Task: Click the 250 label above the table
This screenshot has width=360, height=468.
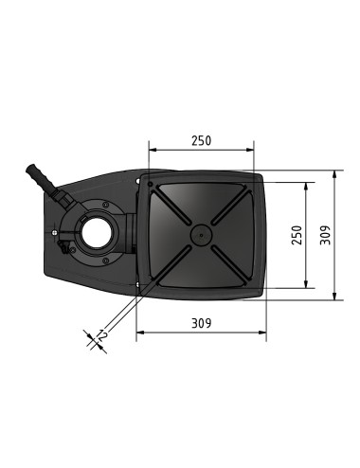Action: [x=201, y=140]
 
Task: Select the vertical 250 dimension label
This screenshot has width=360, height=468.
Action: [x=297, y=234]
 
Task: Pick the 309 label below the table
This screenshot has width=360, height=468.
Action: [x=201, y=323]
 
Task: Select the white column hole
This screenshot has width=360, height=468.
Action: [x=96, y=231]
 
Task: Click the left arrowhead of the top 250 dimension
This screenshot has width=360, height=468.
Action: [x=153, y=150]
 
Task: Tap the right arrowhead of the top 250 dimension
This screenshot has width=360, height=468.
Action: [x=254, y=150]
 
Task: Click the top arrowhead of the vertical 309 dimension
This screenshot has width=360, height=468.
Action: [x=338, y=174]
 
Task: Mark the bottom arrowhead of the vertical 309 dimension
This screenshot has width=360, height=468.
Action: [x=338, y=297]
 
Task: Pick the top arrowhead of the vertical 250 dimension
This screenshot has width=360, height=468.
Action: [x=307, y=186]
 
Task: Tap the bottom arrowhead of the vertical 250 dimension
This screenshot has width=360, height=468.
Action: [x=307, y=283]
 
